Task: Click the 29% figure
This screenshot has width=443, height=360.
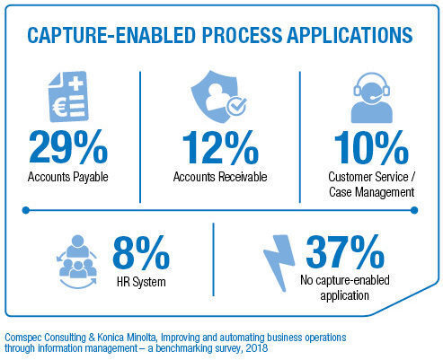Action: coord(68,147)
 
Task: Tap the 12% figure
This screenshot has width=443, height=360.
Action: coord(220,147)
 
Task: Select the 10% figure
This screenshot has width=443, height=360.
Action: coord(371,147)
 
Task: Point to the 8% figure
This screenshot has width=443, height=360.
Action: coord(141,252)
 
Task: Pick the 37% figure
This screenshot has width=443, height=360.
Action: coord(345,251)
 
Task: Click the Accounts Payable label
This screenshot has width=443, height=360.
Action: coord(68,177)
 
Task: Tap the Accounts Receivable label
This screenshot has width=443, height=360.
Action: coord(220,177)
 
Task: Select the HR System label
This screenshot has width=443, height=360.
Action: coord(141,282)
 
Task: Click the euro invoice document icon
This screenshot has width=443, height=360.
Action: coord(68,97)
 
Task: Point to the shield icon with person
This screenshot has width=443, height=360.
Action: coord(218,97)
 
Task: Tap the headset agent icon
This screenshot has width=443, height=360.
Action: coord(372,98)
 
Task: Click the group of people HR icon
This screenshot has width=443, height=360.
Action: coord(78,262)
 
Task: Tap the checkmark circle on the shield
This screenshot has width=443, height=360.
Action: coord(236,106)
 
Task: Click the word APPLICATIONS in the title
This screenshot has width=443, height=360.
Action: coord(350,35)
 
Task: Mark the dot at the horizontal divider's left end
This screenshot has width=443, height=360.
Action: coord(26,210)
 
